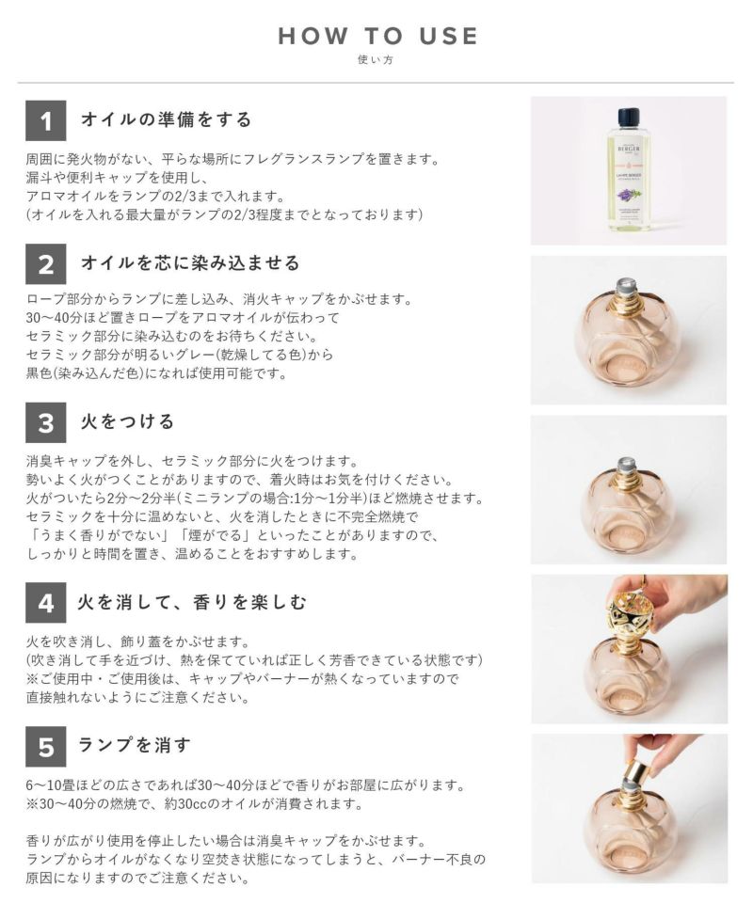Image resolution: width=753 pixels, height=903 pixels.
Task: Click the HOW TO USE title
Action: click(x=378, y=37)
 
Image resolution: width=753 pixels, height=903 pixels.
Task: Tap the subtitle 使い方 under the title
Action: click(x=376, y=59)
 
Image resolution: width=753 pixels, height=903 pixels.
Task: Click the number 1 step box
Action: click(x=45, y=120)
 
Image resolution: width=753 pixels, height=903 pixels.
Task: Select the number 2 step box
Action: click(x=45, y=263)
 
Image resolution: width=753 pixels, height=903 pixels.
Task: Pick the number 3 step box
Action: click(x=45, y=422)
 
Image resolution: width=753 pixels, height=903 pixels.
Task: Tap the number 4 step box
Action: click(x=45, y=602)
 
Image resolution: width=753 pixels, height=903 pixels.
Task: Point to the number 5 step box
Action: click(x=45, y=746)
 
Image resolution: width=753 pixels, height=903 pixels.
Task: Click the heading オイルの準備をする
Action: click(x=167, y=119)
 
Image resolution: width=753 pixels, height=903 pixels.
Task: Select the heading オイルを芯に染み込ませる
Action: click(x=191, y=262)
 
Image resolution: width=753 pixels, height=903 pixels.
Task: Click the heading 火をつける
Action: click(x=127, y=421)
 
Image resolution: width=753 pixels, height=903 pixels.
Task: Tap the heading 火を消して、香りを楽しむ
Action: click(x=192, y=602)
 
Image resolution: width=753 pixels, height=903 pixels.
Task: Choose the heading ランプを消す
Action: click(x=134, y=745)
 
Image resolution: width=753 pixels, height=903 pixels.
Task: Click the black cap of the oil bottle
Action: click(x=629, y=117)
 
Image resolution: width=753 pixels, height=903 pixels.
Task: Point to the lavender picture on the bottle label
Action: click(x=626, y=196)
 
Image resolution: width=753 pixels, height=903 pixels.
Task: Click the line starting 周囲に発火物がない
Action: click(x=232, y=158)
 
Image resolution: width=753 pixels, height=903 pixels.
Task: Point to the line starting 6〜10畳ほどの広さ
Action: click(x=246, y=784)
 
